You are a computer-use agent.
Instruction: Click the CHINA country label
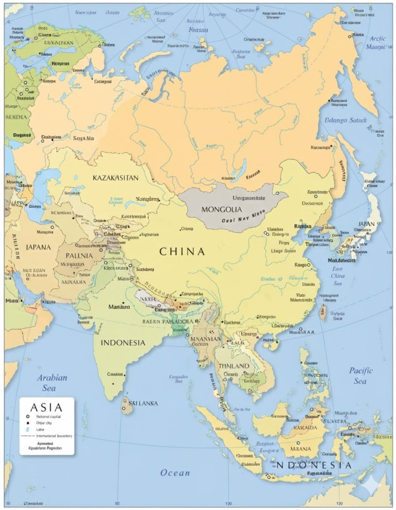[182, 252]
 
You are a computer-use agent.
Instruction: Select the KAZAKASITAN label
[115, 178]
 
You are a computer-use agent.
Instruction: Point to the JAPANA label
[38, 247]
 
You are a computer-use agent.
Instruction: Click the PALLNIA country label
[79, 255]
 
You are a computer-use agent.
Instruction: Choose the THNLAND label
[234, 366]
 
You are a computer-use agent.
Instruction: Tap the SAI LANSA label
[143, 403]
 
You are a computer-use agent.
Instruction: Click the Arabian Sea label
[52, 382]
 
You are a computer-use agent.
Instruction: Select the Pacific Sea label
[361, 375]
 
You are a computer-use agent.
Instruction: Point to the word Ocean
[175, 473]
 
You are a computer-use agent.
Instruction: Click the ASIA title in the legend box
[46, 407]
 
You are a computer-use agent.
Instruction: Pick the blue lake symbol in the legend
[27, 429]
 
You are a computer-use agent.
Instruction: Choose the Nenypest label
[61, 63]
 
